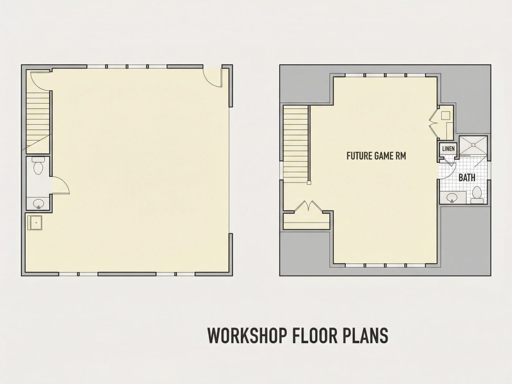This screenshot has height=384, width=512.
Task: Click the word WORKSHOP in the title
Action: (247, 335)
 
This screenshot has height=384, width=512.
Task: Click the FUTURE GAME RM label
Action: (376, 156)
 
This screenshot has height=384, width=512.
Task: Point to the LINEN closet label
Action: (448, 149)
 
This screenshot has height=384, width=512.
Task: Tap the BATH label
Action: (467, 178)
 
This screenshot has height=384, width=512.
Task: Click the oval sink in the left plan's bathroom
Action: (39, 204)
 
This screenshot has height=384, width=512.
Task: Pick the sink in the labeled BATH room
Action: (452, 198)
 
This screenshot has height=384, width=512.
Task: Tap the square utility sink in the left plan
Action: (35, 222)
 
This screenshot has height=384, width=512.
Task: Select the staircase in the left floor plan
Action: (38, 122)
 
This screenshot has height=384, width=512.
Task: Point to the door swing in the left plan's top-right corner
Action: (213, 77)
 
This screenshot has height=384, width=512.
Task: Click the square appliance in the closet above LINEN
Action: (446, 115)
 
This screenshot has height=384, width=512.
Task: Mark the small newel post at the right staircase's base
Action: (309, 183)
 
